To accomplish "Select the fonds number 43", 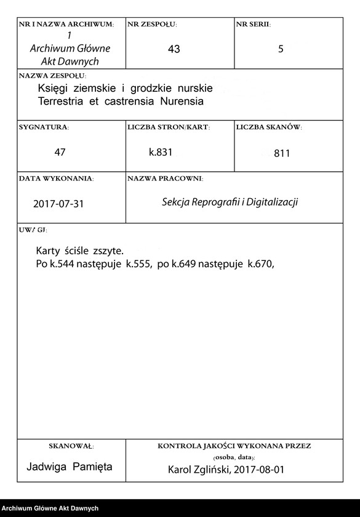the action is click(174, 49).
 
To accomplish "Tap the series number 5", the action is click(281, 49).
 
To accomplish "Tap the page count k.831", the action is click(161, 151).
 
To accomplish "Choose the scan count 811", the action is click(282, 153).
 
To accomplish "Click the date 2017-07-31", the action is click(58, 204).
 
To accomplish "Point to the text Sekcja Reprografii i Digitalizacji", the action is click(230, 202).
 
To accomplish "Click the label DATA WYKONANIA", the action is click(56, 178).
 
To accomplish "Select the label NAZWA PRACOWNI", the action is click(165, 178).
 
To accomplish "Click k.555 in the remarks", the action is click(138, 263).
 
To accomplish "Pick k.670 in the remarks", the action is click(260, 263).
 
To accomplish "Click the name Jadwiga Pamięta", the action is click(70, 467).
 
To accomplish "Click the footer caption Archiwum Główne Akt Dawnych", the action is click(50, 508).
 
